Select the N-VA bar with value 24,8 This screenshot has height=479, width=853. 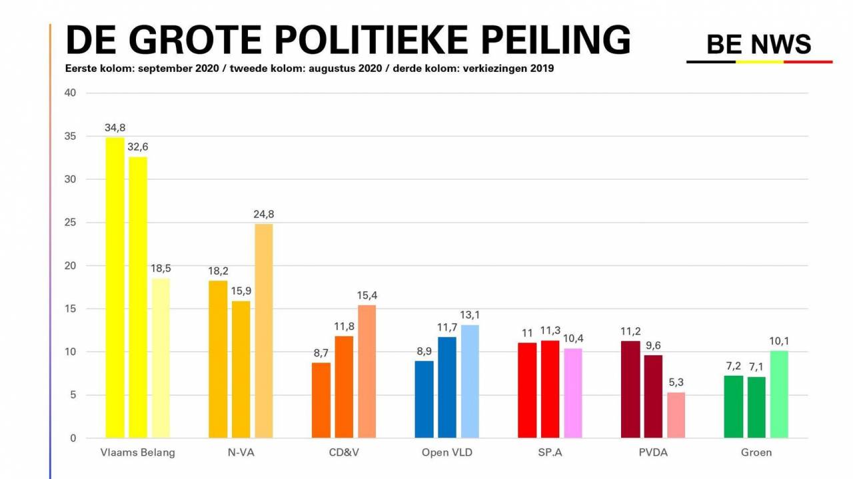pos(264,331)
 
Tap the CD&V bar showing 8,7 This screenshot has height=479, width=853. pos(321,400)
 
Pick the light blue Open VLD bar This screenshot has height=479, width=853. pos(470,382)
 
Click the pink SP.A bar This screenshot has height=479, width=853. pos(573,393)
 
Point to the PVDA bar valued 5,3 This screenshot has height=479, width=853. pos(676,415)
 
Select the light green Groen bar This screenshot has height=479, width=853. pos(779,394)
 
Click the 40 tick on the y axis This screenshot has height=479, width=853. pos(71,93)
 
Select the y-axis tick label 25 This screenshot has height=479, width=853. pos(71,223)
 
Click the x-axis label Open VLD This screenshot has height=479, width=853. pos(448,453)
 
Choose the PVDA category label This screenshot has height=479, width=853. pos(653,453)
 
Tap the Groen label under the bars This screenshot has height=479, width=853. pos(756,453)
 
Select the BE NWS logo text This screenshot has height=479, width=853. pos(758,45)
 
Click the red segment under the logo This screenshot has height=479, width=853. pos(808,62)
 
